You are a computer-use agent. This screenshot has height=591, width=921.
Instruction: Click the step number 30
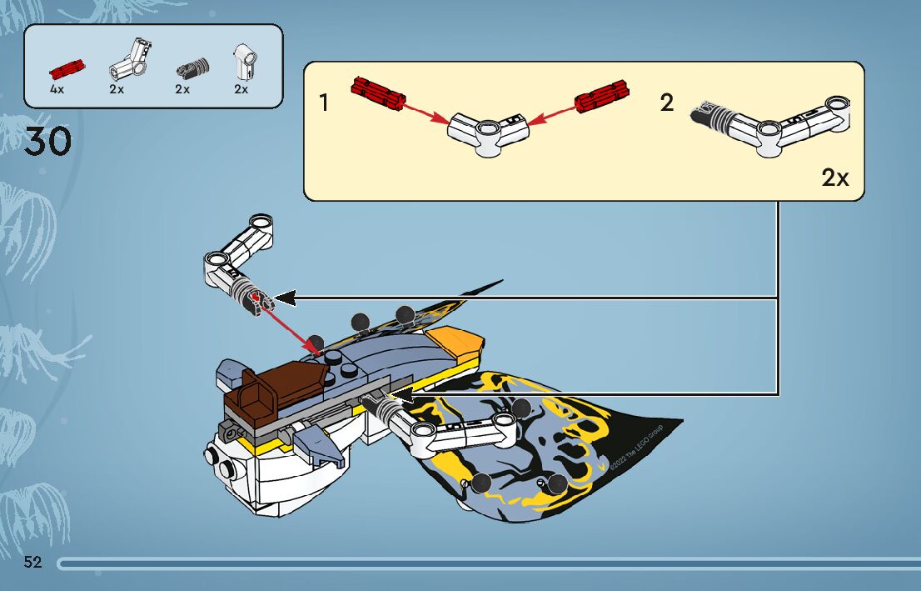click(x=47, y=142)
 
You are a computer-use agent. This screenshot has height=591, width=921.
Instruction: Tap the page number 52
click(x=33, y=562)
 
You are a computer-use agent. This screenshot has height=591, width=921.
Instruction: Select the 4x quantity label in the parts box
click(x=57, y=89)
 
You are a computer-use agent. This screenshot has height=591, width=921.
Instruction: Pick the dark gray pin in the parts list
click(x=191, y=68)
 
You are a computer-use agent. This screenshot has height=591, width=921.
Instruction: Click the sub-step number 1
click(x=324, y=103)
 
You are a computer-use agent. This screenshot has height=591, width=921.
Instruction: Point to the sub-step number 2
click(x=667, y=103)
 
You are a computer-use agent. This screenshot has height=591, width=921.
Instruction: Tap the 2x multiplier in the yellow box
click(x=834, y=178)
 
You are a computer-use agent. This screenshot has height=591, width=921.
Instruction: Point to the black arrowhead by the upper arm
click(x=285, y=298)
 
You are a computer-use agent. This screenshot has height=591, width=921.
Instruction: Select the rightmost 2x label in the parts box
click(x=241, y=89)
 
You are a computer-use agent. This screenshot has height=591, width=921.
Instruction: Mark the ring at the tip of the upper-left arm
click(x=261, y=223)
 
